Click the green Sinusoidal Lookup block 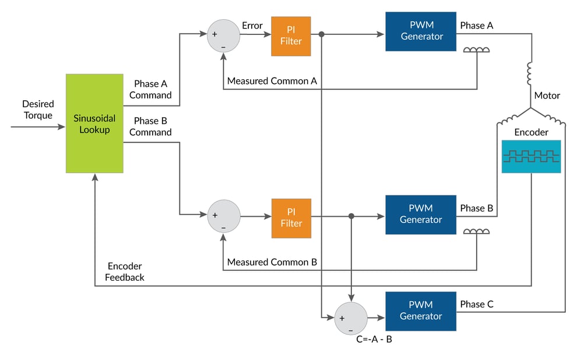point(94,123)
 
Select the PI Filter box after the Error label point(291,36)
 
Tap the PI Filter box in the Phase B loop point(291,218)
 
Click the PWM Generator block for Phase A point(420,31)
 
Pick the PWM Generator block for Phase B point(420,214)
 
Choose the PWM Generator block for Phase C point(420,310)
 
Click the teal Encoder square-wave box point(531,156)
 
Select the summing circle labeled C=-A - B point(350,318)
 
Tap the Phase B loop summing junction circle point(223,216)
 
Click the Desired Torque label point(38,110)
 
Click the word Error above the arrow point(252,26)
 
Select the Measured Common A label point(272,81)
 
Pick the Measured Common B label point(272,262)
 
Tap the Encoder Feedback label point(124,272)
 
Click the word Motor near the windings point(547,96)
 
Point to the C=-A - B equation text point(374,339)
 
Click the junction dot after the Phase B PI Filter point(351,216)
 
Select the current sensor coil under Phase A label point(476,50)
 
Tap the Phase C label point(476,304)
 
